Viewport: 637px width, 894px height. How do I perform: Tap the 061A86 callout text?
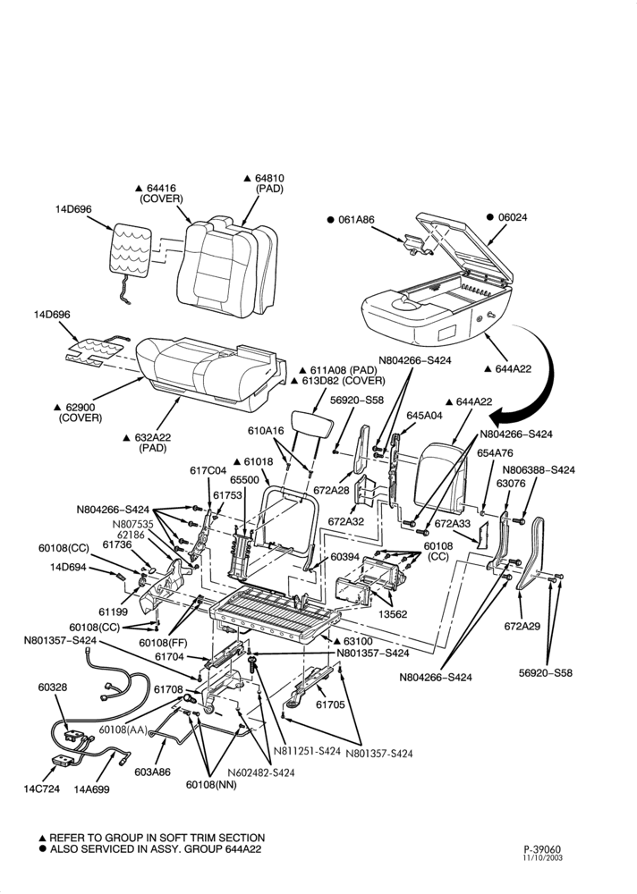357,220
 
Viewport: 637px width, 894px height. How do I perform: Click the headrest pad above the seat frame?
311,424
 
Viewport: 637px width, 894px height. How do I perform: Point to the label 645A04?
423,416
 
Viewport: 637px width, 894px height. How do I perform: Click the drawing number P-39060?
543,849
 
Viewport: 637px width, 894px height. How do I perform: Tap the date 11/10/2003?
543,857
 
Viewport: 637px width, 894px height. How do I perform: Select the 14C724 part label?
41,789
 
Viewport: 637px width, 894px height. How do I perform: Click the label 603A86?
152,772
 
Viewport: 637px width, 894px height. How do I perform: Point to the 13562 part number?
394,614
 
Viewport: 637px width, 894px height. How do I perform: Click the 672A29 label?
522,626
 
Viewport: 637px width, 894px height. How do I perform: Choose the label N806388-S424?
539,470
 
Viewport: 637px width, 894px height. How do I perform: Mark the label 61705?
330,704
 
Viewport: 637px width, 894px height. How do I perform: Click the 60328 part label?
53,687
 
